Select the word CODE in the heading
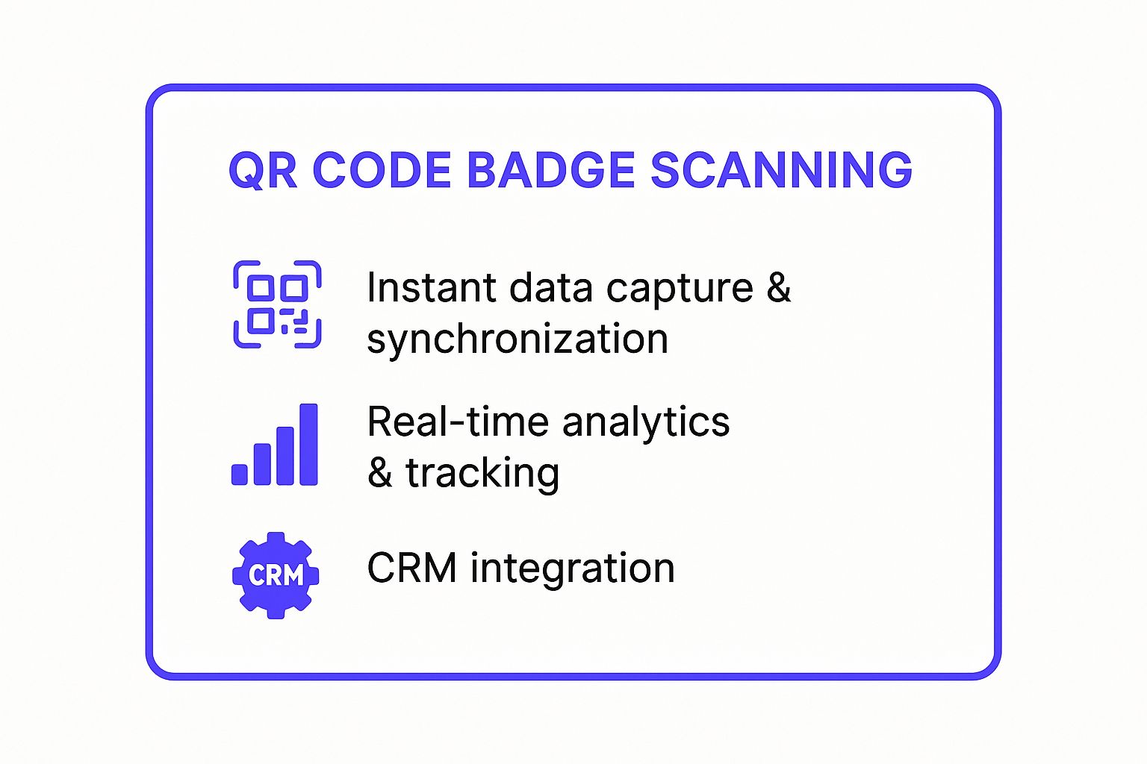tap(382, 170)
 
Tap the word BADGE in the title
tap(551, 170)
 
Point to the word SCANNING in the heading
tap(781, 170)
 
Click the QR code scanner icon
tap(277, 304)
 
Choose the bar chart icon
tap(275, 445)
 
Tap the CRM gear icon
tap(276, 574)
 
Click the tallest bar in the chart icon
tap(308, 445)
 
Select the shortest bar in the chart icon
tap(240, 475)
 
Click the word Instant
tap(431, 288)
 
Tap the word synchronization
tap(517, 340)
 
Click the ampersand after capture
tap(779, 288)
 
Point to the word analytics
tap(645, 424)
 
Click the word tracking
tap(482, 474)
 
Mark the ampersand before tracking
tap(380, 473)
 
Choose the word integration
tap(572, 569)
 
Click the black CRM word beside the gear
tap(411, 568)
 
